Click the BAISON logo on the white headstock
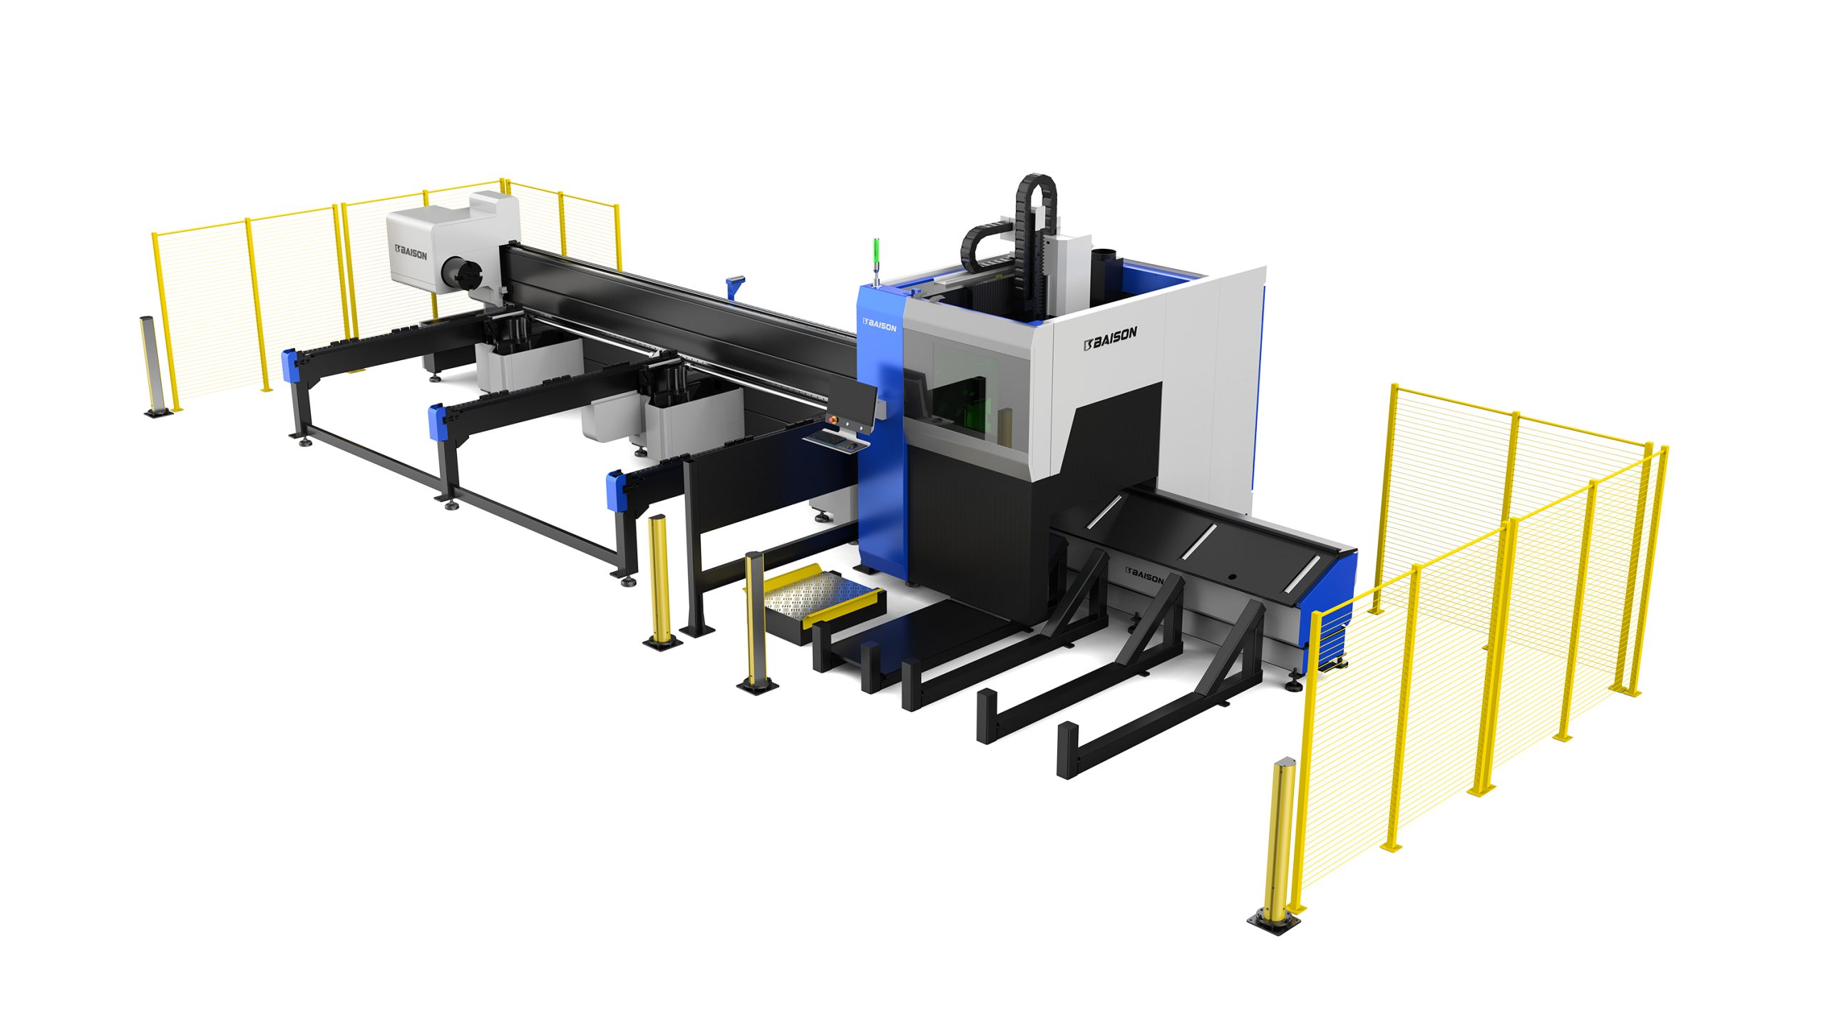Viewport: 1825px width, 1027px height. tap(411, 252)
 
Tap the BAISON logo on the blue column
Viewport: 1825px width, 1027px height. tap(879, 325)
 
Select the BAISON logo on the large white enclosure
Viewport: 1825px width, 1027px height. tap(1110, 338)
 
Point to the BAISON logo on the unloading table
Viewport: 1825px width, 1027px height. tap(1144, 575)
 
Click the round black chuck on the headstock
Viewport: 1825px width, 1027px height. tap(462, 275)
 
